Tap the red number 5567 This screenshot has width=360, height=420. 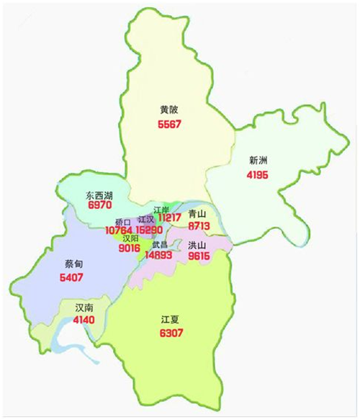pos(169,124)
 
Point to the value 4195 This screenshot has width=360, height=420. pos(258,175)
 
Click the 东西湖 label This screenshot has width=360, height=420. pos(99,195)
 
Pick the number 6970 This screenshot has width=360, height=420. pos(99,206)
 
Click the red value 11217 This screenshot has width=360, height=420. pos(170,217)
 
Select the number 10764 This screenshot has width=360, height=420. pos(120,231)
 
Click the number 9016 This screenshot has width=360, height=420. pos(130,249)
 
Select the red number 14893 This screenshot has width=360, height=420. pos(158,254)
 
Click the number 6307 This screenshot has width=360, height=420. pos(171,333)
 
